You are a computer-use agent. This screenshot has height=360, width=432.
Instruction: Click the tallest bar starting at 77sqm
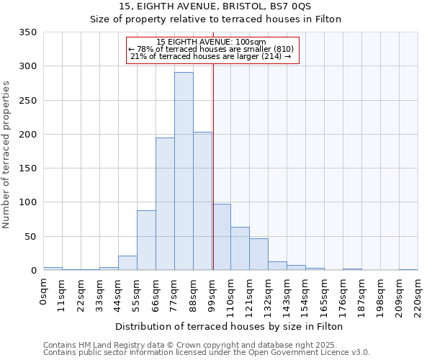point(184,171)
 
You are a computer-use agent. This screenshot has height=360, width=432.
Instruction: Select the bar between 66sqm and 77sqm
point(165,204)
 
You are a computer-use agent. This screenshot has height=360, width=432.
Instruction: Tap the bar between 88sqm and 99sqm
point(202,201)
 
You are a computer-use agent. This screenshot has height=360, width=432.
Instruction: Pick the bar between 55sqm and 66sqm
point(146,240)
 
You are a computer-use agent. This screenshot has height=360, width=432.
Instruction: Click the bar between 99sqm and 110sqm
point(221,237)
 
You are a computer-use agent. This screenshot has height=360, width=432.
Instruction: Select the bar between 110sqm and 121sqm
point(240,248)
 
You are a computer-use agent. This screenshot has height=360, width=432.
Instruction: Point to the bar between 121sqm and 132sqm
point(258,254)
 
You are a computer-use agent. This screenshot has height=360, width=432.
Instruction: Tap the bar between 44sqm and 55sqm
point(127,263)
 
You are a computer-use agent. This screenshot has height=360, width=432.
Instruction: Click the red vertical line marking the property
point(213,166)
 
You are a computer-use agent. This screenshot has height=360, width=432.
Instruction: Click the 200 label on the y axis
point(28,135)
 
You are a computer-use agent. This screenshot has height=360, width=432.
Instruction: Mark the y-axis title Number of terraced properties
point(6,155)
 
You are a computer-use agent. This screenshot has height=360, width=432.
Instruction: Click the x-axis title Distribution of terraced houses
point(229,326)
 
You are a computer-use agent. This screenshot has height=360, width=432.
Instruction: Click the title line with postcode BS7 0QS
point(215,6)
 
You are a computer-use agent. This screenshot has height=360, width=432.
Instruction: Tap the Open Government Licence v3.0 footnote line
point(207,353)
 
